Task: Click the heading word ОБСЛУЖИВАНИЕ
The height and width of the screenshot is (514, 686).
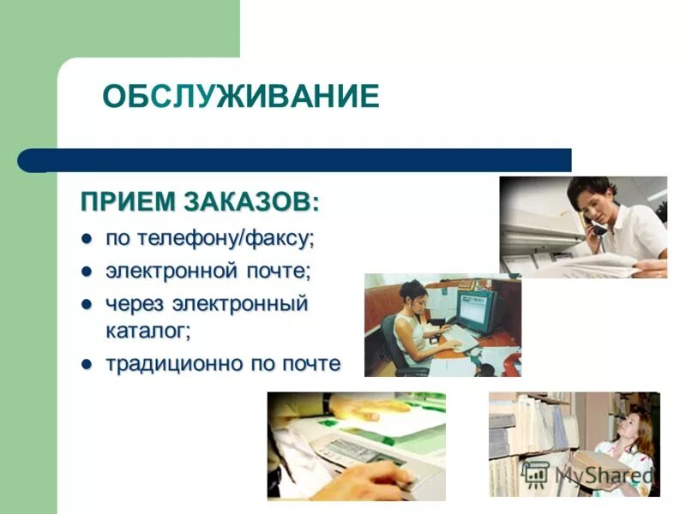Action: [240, 96]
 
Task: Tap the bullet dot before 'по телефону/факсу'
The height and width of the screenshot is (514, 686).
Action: [86, 237]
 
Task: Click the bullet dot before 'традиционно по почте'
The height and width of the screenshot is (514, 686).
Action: [86, 364]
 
